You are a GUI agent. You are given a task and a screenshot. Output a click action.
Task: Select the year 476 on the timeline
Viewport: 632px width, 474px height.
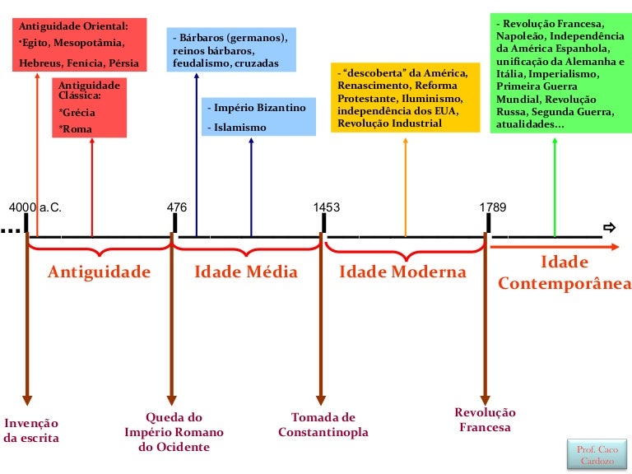coord(177,207)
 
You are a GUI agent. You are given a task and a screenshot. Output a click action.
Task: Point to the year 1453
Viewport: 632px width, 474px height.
coord(326,207)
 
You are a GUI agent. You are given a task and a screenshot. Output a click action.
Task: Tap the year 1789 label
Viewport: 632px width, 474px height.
coord(493,207)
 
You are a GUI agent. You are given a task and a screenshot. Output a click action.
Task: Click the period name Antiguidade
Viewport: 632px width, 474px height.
coord(99,272)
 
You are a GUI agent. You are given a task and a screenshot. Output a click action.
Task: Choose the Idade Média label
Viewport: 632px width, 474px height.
coord(245,272)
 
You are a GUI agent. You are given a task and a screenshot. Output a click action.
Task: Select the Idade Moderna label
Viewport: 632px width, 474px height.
coord(402,272)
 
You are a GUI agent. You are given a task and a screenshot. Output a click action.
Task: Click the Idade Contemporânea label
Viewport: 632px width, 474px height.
coord(564,273)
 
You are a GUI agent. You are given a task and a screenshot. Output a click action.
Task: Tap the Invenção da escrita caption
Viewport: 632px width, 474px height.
coord(31,430)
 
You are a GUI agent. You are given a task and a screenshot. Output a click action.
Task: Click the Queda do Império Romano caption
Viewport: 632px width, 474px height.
coord(174,432)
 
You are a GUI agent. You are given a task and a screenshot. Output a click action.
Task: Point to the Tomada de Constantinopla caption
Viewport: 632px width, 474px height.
coord(323,425)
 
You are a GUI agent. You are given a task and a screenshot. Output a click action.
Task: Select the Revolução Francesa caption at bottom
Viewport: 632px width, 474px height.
coord(485,420)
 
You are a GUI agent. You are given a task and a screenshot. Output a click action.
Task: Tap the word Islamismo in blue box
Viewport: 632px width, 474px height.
coord(237,128)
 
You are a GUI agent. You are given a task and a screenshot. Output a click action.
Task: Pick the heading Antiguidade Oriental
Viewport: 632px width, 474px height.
coord(74,26)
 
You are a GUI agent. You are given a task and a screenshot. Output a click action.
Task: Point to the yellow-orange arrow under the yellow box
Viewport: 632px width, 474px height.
coord(405,185)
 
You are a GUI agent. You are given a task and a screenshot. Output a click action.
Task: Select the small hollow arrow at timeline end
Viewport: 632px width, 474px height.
coord(609,228)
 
